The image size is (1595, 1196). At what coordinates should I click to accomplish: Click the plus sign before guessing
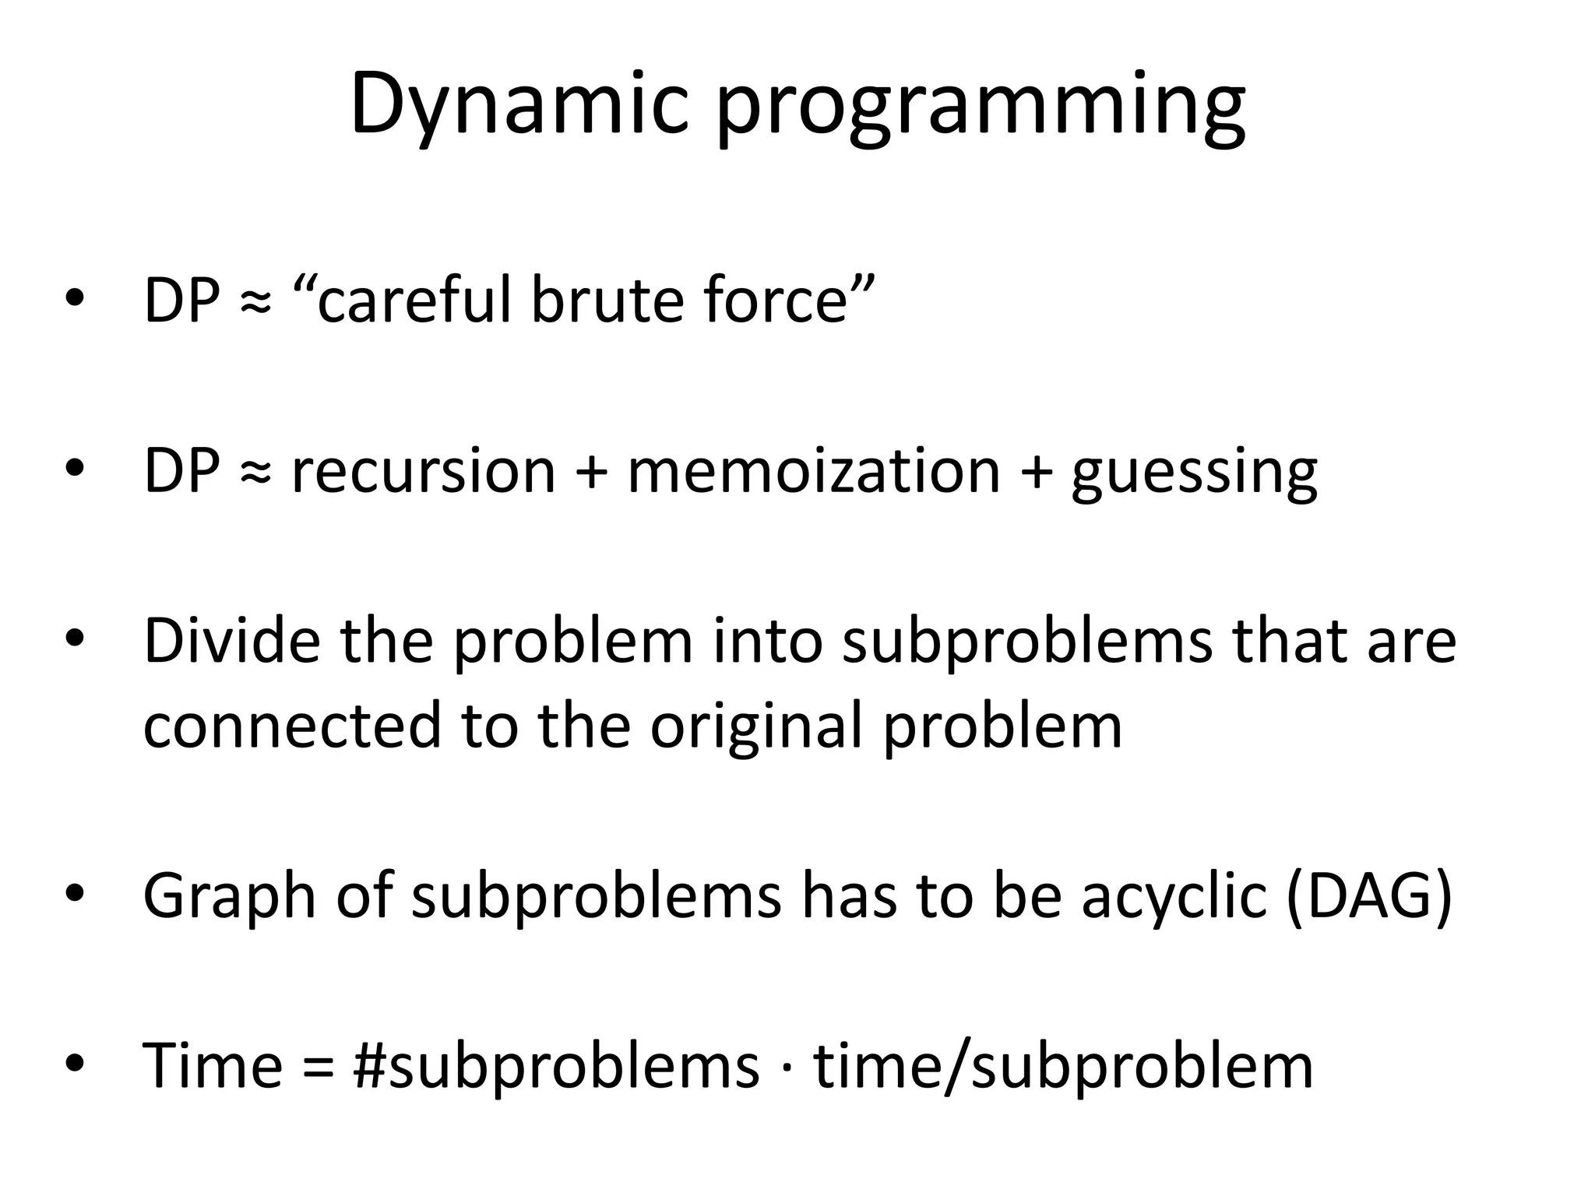tap(1035, 472)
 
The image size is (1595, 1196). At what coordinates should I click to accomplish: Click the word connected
tap(292, 726)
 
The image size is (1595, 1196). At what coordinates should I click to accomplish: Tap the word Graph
tap(229, 897)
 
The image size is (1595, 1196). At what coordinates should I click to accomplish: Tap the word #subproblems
tap(555, 1067)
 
